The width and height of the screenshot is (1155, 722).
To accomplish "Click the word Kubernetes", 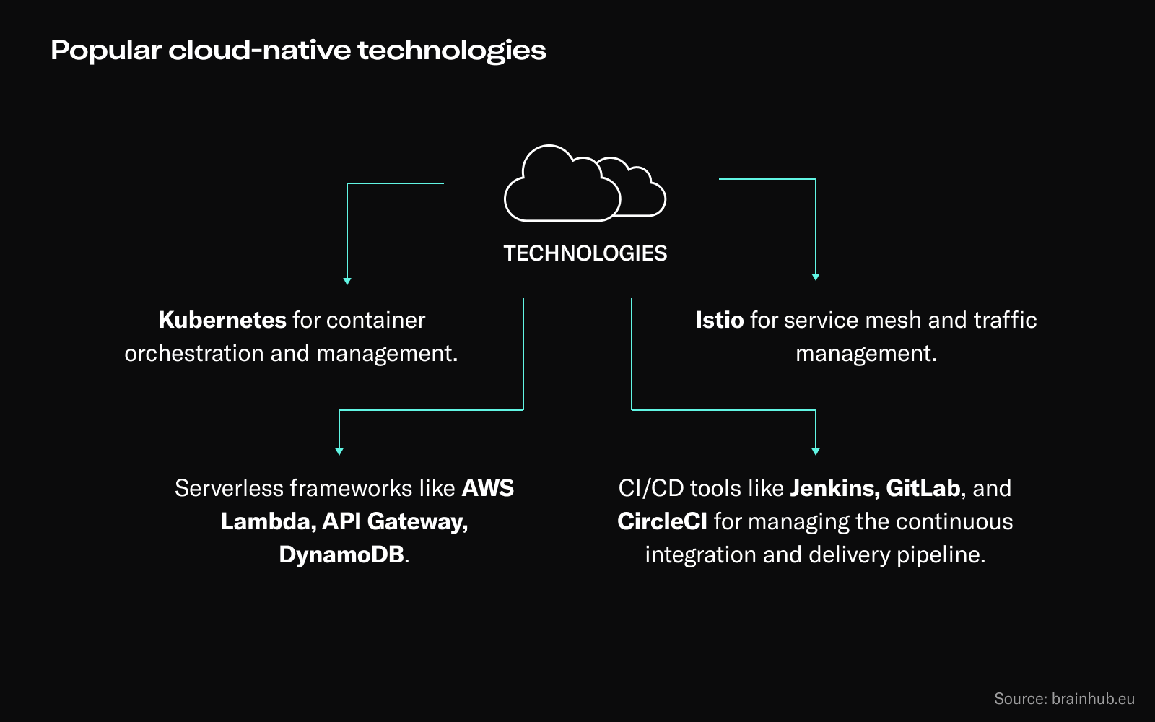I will [x=222, y=320].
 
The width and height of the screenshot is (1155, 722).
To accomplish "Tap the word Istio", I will [x=719, y=320].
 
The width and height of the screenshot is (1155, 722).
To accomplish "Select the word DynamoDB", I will [x=341, y=554].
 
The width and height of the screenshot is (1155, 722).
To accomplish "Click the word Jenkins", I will [x=832, y=488].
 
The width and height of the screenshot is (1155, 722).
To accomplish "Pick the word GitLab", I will [x=923, y=488].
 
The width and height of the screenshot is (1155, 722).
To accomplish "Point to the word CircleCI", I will [x=662, y=521].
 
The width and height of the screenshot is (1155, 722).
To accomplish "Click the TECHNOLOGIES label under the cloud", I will [x=585, y=253].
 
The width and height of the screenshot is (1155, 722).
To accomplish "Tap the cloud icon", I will [x=584, y=183].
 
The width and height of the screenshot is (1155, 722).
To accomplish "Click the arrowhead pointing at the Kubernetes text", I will [x=347, y=281].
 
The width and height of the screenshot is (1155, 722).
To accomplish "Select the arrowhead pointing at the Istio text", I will [x=816, y=277].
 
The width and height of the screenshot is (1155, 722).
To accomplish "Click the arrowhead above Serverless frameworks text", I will [x=339, y=451].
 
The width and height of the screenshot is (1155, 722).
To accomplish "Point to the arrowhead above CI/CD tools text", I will [x=816, y=451].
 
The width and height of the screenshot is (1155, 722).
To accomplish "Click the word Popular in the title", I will [x=106, y=51].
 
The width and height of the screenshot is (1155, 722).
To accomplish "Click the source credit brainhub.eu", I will [x=1093, y=698].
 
